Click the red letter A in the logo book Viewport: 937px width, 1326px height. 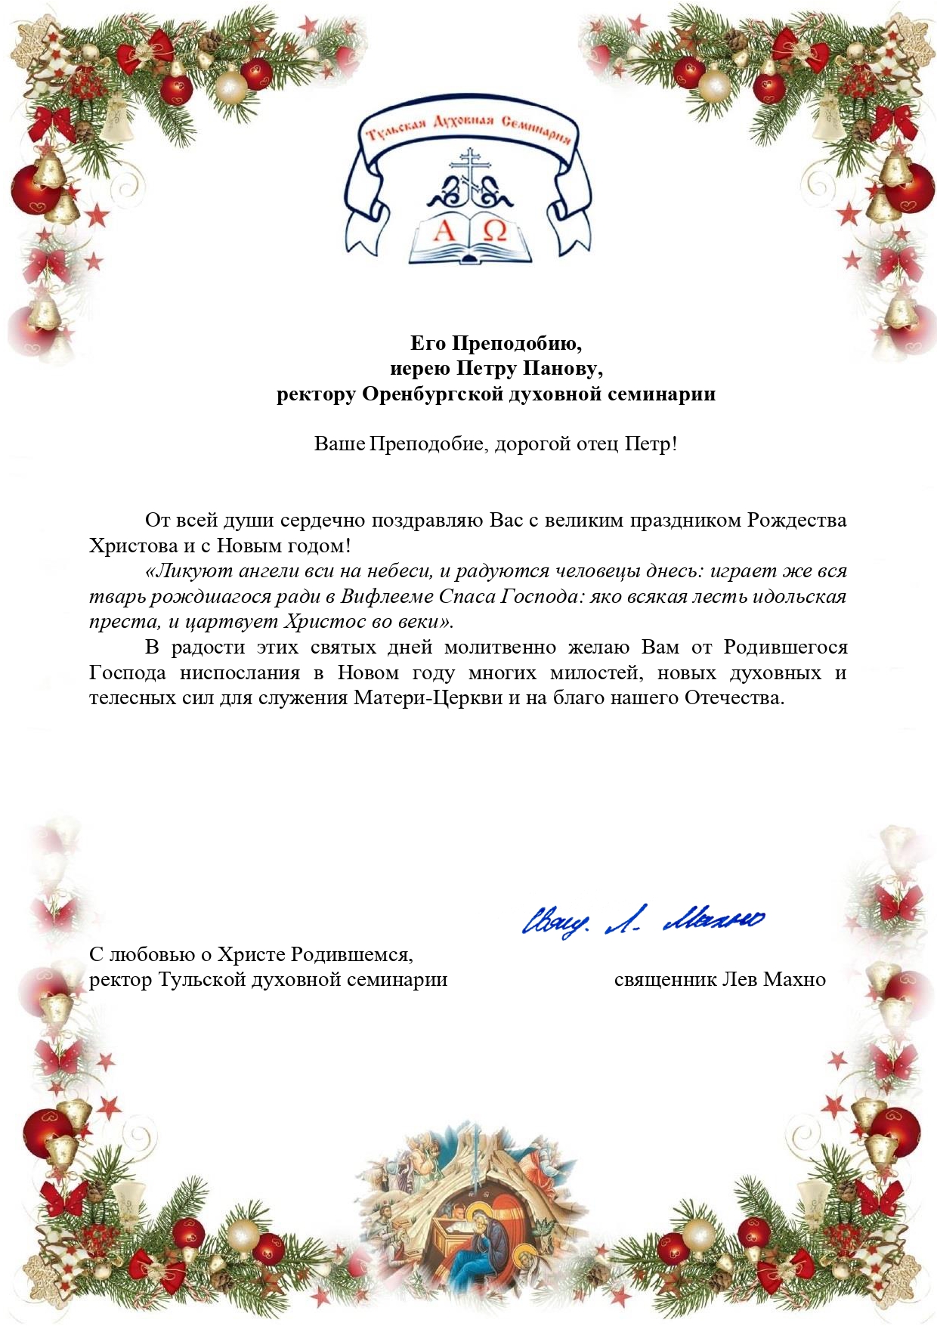(444, 230)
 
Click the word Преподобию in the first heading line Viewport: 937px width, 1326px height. (518, 344)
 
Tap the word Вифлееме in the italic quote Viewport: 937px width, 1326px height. (388, 596)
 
